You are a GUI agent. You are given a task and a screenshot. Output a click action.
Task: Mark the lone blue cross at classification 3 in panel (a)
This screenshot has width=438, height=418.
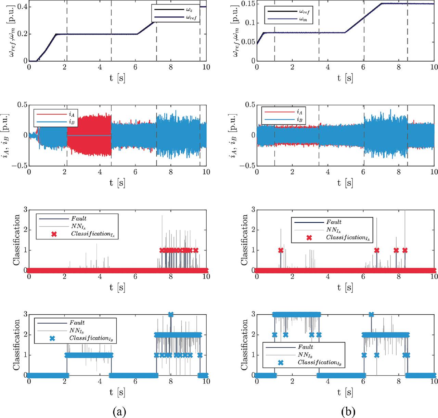point(171,314)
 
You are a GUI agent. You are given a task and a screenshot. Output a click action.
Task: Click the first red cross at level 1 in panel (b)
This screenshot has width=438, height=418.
point(281,250)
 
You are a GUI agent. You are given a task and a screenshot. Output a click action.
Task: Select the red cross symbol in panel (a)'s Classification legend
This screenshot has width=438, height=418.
point(53,234)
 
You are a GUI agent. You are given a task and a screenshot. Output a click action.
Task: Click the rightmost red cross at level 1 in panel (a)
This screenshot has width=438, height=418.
point(195,250)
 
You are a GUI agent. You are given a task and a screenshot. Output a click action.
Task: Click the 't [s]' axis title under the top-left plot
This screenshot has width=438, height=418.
point(117,78)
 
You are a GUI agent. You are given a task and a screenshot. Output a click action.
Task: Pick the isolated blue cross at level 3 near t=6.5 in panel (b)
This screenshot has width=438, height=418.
point(371,314)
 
